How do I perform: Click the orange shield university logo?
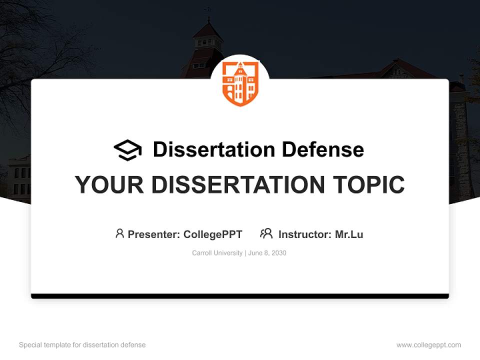[240, 83]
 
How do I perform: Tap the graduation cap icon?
[127, 150]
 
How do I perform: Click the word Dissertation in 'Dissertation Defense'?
[213, 149]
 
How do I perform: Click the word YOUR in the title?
[110, 185]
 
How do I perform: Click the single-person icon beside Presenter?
[119, 233]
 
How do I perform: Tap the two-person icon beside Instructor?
[266, 233]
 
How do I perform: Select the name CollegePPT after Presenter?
[213, 234]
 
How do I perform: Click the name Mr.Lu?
[349, 234]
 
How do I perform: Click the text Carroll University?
[217, 253]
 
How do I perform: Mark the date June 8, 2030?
[267, 253]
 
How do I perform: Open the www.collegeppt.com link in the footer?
[428, 345]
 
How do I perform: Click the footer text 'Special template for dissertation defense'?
[82, 345]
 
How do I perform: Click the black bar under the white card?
[240, 296]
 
